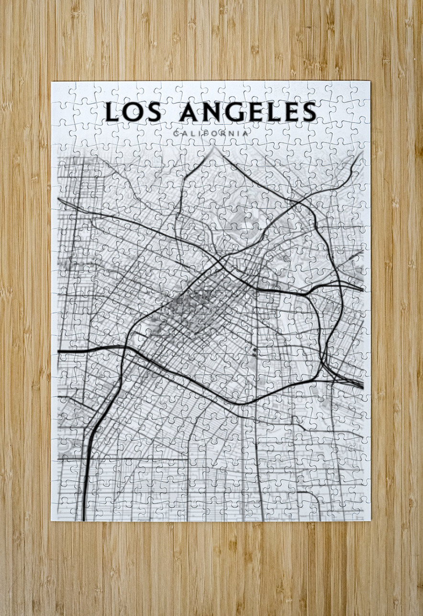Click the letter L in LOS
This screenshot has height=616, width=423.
pyautogui.click(x=113, y=112)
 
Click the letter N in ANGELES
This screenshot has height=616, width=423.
pyautogui.click(x=215, y=112)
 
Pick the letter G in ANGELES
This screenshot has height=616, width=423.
pyautogui.click(x=239, y=112)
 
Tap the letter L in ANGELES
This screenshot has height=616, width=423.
pyautogui.click(x=279, y=112)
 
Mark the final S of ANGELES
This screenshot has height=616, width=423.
pyautogui.click(x=309, y=112)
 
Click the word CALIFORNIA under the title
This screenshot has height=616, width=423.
pyautogui.click(x=211, y=134)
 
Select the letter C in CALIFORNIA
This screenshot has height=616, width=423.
pyautogui.click(x=177, y=134)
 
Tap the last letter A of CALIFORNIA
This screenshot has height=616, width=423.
pyautogui.click(x=246, y=134)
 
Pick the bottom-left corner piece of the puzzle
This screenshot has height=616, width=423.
pyautogui.click(x=61, y=511)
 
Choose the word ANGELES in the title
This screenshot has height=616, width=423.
pyautogui.click(x=249, y=112)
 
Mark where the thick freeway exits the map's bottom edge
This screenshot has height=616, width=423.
pyautogui.click(x=84, y=518)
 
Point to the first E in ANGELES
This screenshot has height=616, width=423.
pyautogui.click(x=260, y=112)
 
